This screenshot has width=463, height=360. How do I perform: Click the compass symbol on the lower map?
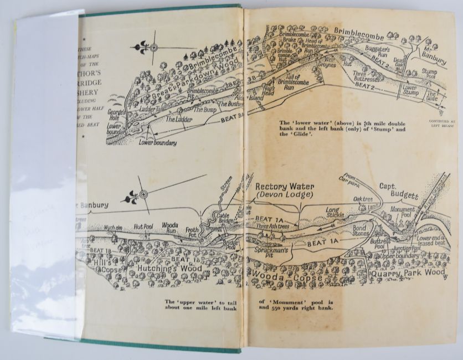coord(143,194)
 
